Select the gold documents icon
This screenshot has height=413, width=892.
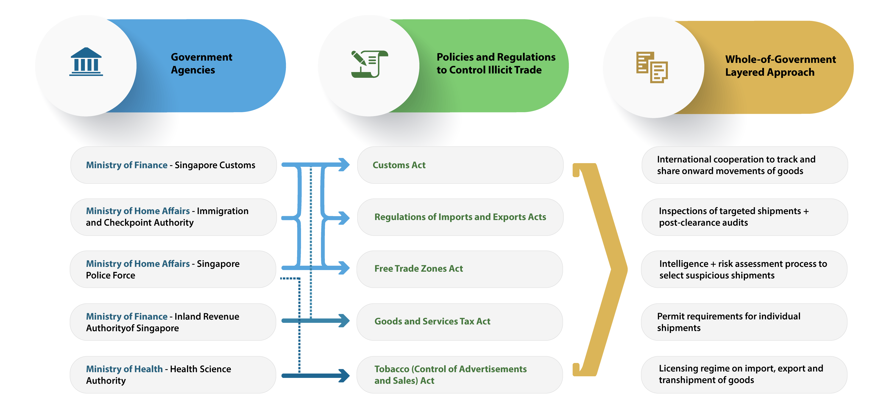tap(652, 67)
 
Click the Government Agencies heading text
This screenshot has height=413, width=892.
tap(201, 63)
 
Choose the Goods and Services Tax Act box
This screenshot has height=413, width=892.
tap(460, 322)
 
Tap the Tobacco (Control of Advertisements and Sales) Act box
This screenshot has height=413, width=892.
tap(460, 375)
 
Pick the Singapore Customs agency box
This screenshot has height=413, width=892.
tap(173, 165)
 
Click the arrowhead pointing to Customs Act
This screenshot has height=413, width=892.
tap(344, 165)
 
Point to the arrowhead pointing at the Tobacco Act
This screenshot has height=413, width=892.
tap(344, 376)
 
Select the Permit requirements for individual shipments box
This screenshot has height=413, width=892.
tap(744, 322)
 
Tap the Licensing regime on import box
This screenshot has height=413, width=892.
tap(744, 375)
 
